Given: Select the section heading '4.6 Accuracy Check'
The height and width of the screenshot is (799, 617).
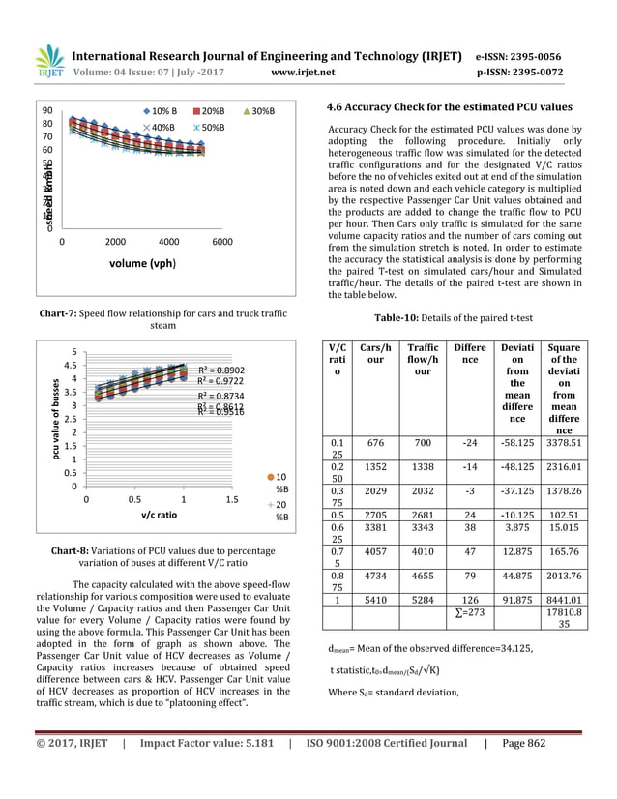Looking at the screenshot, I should pyautogui.click(x=450, y=107).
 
